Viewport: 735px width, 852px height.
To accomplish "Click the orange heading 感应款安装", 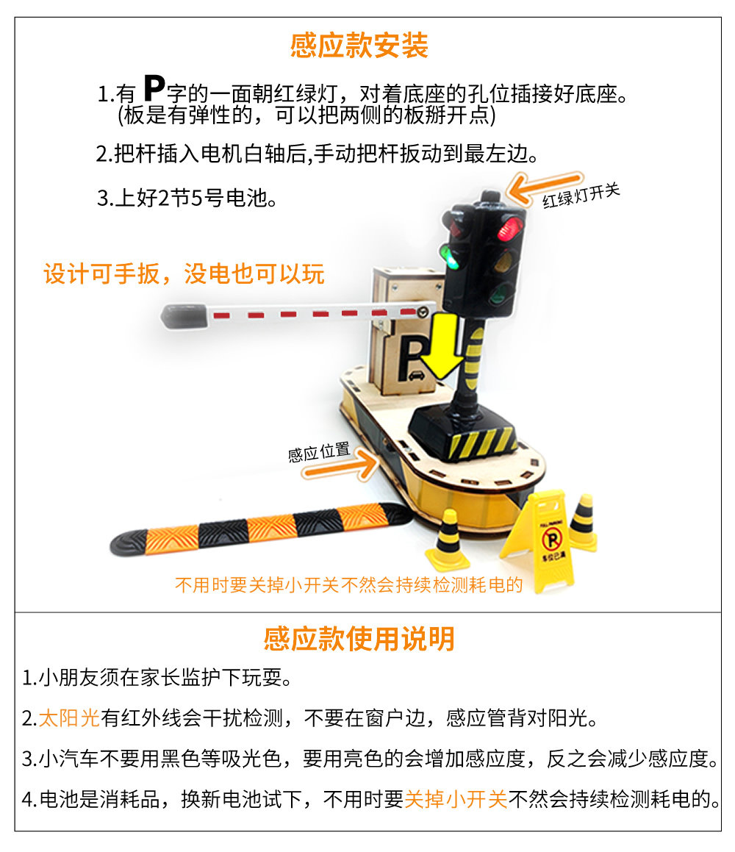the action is pyautogui.click(x=359, y=45).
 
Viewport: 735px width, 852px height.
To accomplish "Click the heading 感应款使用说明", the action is pyautogui.click(x=359, y=639).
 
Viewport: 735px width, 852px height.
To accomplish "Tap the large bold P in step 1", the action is pyautogui.click(x=154, y=87).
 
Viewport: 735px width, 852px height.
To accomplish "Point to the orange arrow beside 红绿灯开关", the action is pyautogui.click(x=543, y=187).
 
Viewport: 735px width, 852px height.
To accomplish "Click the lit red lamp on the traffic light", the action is pyautogui.click(x=511, y=228).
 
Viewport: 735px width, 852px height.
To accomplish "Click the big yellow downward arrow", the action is pyautogui.click(x=442, y=346).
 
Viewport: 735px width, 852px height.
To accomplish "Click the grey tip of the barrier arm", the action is pyautogui.click(x=184, y=315).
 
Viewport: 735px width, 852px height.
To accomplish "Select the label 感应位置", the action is pyautogui.click(x=319, y=452).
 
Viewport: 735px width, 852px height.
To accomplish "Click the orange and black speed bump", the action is pyautogui.click(x=261, y=529).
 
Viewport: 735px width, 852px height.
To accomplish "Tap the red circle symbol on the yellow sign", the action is pyautogui.click(x=552, y=540).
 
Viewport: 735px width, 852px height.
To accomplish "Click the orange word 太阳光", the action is pyautogui.click(x=70, y=717).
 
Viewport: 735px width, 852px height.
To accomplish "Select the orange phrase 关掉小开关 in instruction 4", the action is pyautogui.click(x=456, y=799).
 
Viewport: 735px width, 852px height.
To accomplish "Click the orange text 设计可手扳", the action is pyautogui.click(x=102, y=274).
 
